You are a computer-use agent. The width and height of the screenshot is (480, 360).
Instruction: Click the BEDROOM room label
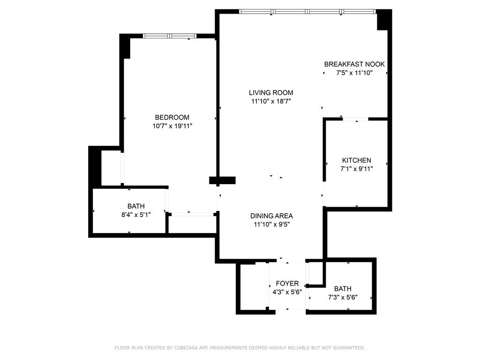coord(172,117)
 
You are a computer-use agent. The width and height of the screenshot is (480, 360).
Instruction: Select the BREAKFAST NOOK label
coord(354,64)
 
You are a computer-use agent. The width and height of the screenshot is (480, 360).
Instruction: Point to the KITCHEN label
coord(356,160)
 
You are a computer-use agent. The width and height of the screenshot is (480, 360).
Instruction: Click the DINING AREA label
coord(271,216)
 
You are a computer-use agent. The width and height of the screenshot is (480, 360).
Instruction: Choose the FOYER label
coord(287,284)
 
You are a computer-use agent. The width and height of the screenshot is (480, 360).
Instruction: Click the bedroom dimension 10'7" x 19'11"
coord(172,126)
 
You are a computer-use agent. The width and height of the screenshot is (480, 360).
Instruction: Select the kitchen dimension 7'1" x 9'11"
coord(356,169)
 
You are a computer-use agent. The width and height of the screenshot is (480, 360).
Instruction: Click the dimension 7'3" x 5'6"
coord(342,297)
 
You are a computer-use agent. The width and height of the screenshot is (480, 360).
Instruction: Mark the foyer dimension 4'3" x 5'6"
coord(287,292)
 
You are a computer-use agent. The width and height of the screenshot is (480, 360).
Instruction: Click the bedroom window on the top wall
coord(169,36)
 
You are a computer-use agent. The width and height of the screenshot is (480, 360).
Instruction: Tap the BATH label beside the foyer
coord(342,289)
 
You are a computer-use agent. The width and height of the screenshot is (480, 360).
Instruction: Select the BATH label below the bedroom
coord(136,206)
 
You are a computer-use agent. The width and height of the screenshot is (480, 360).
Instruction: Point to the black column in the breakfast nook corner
coord(384,20)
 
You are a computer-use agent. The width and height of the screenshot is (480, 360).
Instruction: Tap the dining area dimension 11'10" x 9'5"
coord(271,224)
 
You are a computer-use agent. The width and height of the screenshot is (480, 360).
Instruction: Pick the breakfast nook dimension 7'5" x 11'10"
coord(354,73)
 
